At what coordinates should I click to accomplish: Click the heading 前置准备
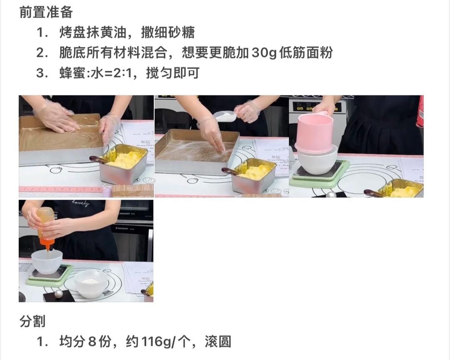pyautogui.click(x=46, y=12)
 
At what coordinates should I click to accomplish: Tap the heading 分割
pyautogui.click(x=32, y=321)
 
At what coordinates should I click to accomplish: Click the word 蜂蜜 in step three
pyautogui.click(x=72, y=73)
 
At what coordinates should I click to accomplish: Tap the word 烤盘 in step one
pyautogui.click(x=72, y=32)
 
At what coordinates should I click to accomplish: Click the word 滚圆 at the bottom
pyautogui.click(x=218, y=342)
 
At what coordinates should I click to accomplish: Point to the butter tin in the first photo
pyautogui.click(x=124, y=163)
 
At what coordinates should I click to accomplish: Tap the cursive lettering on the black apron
pyautogui.click(x=80, y=203)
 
